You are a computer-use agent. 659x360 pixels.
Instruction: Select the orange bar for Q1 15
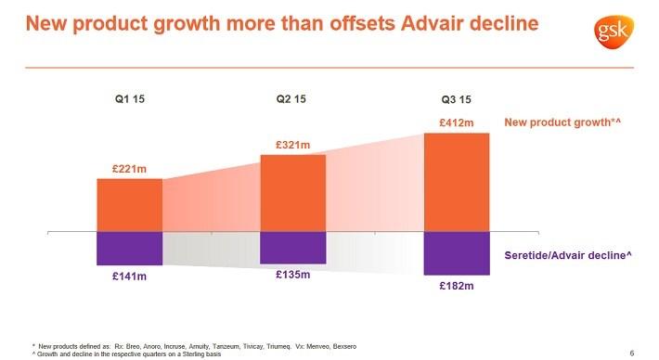[129, 204]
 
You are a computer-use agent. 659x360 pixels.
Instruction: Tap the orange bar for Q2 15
[292, 192]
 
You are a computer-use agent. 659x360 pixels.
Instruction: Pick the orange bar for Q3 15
[456, 182]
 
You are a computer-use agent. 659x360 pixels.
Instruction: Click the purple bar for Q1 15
[129, 248]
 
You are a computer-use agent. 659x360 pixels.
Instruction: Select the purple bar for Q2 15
[292, 247]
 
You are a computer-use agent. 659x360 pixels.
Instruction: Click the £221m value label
[129, 169]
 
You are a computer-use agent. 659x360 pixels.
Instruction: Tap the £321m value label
[292, 145]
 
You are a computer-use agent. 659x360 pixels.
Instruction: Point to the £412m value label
[456, 122]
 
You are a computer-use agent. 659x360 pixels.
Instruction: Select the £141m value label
[129, 276]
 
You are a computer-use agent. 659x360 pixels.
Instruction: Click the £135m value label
[292, 275]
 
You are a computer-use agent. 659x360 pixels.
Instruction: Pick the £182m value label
[456, 287]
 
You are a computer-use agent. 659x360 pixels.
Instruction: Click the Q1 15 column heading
[129, 99]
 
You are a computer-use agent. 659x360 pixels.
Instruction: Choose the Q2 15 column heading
[292, 99]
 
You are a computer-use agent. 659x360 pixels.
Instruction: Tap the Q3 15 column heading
[456, 100]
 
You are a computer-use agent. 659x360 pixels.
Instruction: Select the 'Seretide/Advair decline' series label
[568, 254]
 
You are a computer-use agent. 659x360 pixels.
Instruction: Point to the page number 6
[631, 352]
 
